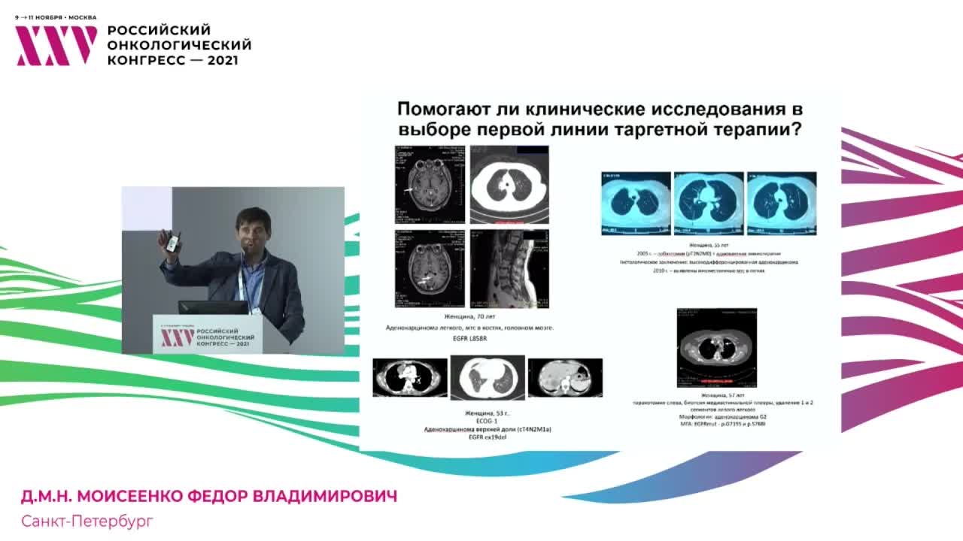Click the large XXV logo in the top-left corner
tap(56, 46)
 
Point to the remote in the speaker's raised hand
tap(172, 241)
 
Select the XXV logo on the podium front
tap(178, 337)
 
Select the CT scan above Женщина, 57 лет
tap(717, 347)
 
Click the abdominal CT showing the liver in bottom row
tap(565, 377)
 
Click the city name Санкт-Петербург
tap(87, 521)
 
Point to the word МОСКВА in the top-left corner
tap(83, 17)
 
